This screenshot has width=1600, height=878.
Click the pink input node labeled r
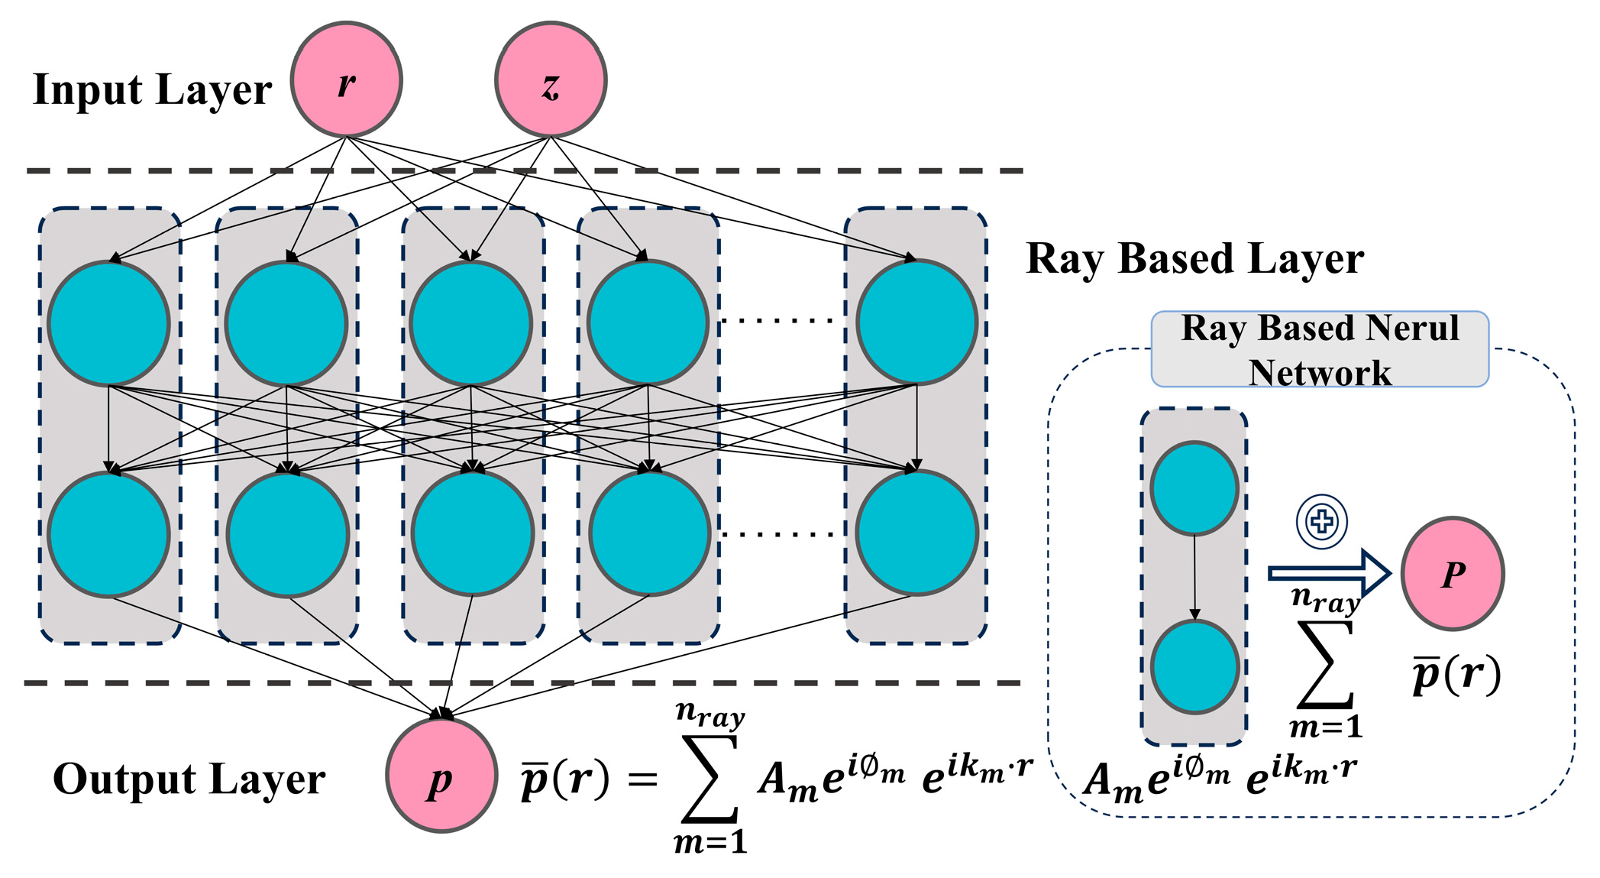tap(347, 80)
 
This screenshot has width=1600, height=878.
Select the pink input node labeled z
tap(551, 80)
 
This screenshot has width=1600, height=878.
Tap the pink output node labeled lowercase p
tap(441, 775)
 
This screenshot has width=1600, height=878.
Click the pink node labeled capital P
tap(1453, 574)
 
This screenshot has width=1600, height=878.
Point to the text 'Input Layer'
tap(152, 90)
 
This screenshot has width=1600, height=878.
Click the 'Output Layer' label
tap(189, 779)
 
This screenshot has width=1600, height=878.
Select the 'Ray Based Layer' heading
tap(1194, 258)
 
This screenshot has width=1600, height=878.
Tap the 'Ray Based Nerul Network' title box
tap(1320, 349)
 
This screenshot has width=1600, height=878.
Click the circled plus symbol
tap(1322, 522)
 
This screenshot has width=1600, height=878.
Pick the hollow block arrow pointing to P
tap(1329, 573)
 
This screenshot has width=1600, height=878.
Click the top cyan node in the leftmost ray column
tap(108, 323)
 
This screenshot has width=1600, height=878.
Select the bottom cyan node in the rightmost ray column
tap(916, 533)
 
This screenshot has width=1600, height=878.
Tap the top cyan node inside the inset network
tap(1194, 488)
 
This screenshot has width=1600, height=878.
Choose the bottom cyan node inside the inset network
tap(1194, 667)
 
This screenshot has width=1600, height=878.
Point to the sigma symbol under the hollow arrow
tap(1326, 664)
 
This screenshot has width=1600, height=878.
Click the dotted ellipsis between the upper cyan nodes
tap(779, 321)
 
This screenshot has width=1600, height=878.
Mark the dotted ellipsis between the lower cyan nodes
tap(779, 534)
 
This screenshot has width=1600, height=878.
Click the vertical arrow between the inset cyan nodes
tap(1194, 578)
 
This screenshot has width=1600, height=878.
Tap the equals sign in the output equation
tap(642, 780)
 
